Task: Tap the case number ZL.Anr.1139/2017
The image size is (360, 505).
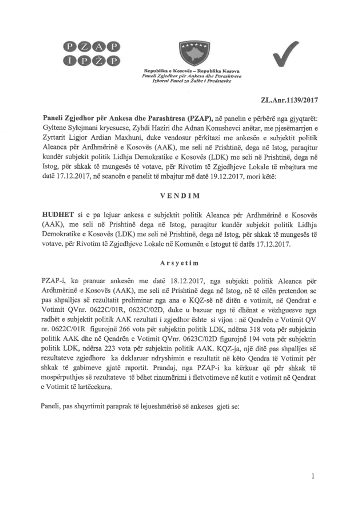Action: (x=289, y=100)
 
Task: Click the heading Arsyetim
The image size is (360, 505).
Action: (x=180, y=263)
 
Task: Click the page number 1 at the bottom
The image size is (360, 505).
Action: (x=313, y=477)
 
